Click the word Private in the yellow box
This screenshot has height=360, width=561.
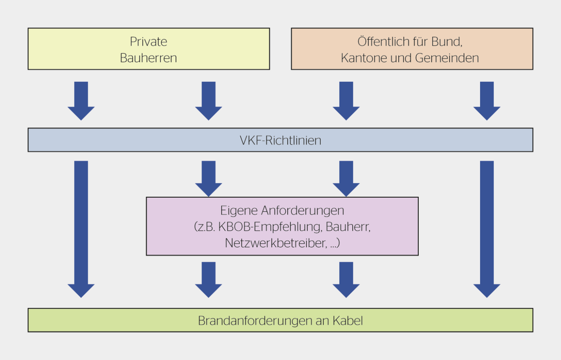[148, 42]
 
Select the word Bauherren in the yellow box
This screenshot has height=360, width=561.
[148, 58]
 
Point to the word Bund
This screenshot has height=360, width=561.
[446, 42]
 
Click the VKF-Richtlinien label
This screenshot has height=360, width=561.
[280, 140]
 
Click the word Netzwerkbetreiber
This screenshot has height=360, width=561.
[276, 243]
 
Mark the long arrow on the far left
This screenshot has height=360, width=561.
[81, 229]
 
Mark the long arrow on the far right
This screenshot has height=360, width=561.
[487, 229]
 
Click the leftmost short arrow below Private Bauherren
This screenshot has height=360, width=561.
[81, 100]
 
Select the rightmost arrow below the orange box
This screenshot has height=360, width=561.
[487, 100]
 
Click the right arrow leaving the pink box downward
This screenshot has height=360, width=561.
[346, 279]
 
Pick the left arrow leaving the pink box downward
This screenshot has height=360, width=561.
[208, 279]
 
